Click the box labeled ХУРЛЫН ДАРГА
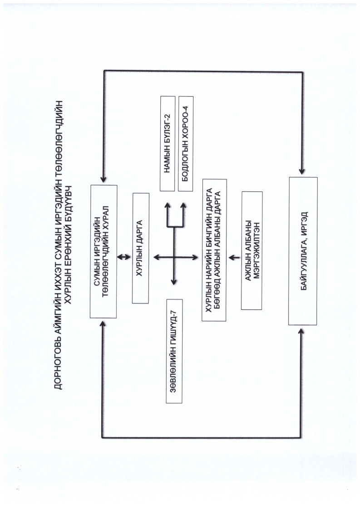[x=141, y=248]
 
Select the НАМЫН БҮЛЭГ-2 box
[x=168, y=143]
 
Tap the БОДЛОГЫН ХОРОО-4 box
[x=186, y=143]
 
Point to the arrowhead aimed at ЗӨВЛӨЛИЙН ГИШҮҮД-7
[x=173, y=284]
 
